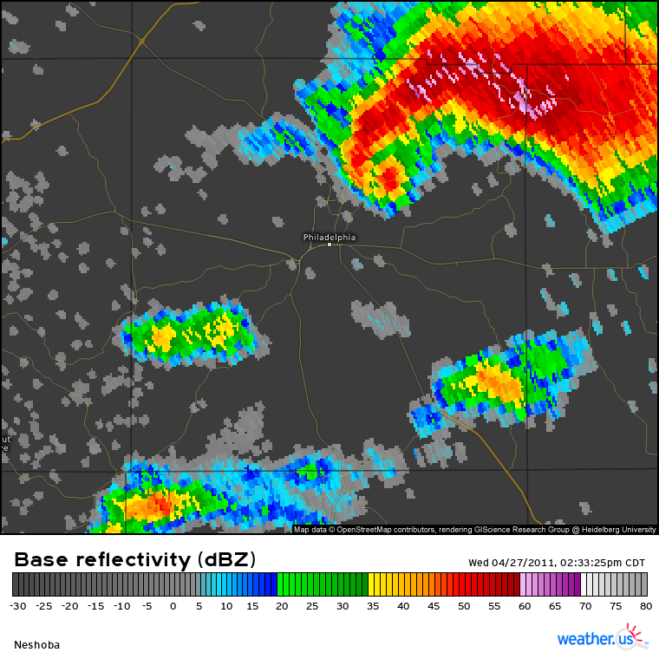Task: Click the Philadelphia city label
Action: tap(329, 237)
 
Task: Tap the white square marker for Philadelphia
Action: tap(329, 245)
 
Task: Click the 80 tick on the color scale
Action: tap(644, 606)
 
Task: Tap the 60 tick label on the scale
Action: tap(525, 606)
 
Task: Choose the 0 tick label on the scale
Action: tap(173, 606)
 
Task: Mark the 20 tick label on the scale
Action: tap(282, 606)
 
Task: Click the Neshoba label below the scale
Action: tap(36, 644)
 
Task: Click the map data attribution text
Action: tap(474, 529)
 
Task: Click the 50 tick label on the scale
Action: tap(464, 606)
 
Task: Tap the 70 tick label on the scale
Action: tap(585, 606)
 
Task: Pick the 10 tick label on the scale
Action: tap(225, 606)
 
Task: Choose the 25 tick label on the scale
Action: tap(312, 606)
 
